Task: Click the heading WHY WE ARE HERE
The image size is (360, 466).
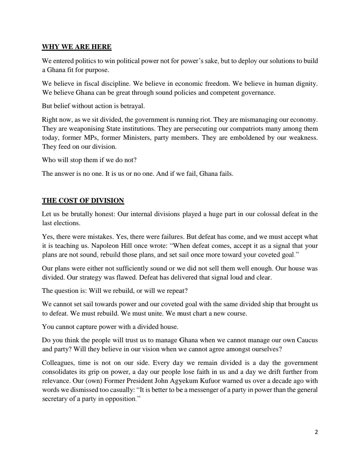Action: [x=77, y=47]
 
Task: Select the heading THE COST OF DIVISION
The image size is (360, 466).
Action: [x=83, y=200]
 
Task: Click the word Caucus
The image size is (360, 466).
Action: [x=307, y=340]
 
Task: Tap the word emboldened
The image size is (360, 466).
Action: [x=244, y=138]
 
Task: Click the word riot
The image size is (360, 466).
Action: [x=204, y=120]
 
